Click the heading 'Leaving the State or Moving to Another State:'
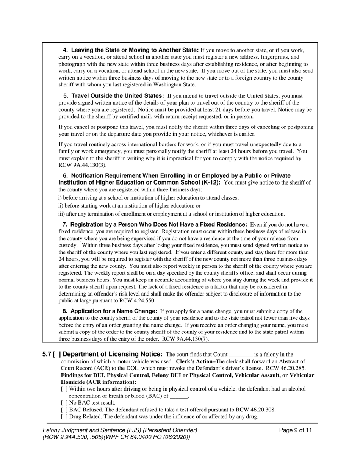tap(130, 50)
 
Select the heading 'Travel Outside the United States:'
tap(114, 96)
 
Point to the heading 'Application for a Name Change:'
tap(110, 311)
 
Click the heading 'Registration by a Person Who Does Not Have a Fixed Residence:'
tap(155, 224)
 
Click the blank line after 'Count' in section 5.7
tap(241, 355)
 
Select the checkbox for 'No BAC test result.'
tap(64, 403)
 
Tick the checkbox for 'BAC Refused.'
tap(64, 410)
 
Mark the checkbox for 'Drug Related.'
tap(64, 416)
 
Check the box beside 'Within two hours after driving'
tap(64, 389)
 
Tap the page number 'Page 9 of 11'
tap(296, 430)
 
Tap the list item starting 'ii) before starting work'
tap(129, 206)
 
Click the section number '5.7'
tap(47, 354)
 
